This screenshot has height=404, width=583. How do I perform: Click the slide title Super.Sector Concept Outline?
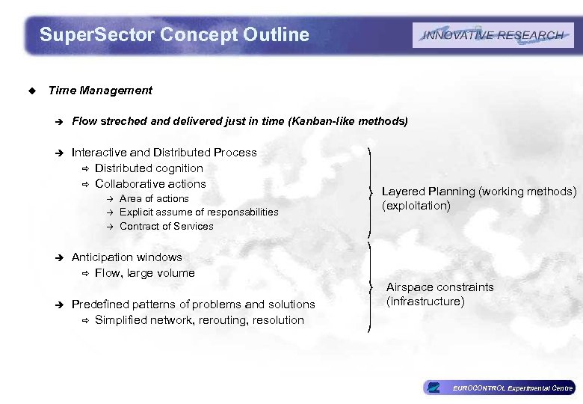coord(174,34)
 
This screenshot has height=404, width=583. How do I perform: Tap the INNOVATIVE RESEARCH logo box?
coord(493,35)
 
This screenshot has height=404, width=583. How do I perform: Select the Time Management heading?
coord(99,91)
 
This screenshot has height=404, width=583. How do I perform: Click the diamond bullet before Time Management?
coord(31,91)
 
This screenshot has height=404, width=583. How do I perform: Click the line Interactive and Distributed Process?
coord(164,153)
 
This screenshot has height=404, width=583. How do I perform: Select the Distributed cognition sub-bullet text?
coord(149,168)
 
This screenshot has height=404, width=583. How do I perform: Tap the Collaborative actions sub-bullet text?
coord(150,184)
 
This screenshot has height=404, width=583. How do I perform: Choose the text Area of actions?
coord(154,199)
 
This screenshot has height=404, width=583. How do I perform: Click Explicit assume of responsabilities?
coord(199,212)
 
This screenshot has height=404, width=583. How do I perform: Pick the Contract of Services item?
coord(166,226)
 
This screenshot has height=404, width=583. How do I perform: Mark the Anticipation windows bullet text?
coord(126,257)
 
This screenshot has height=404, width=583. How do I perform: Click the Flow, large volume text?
coord(144,273)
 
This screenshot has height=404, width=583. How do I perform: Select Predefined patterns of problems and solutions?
coord(193,304)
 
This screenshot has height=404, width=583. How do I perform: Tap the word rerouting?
coord(229,320)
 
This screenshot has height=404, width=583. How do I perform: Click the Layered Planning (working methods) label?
coord(479,192)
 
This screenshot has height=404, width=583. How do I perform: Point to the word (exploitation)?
coord(416,206)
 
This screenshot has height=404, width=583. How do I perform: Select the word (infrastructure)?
coord(425,302)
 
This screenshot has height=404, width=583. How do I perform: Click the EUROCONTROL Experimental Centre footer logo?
coord(499,388)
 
